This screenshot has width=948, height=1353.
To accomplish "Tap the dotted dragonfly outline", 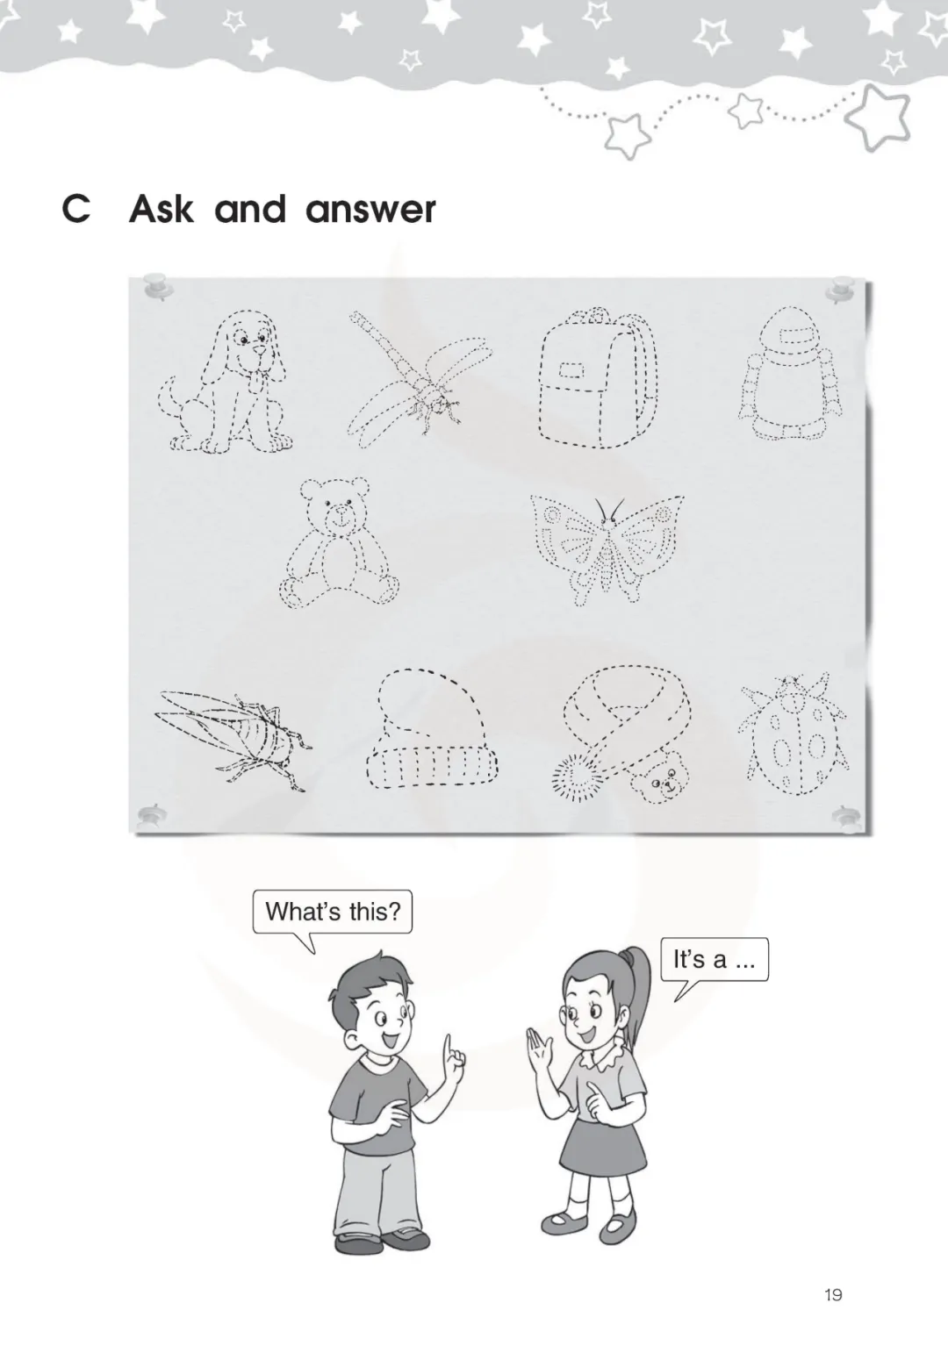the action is [x=417, y=381].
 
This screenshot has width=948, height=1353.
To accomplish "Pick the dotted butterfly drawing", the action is [x=607, y=549].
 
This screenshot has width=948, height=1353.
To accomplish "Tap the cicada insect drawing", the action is [x=233, y=740].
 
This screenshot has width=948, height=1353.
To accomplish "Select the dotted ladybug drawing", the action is [x=793, y=734].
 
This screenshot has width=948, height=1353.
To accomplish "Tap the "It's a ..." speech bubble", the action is [x=715, y=960].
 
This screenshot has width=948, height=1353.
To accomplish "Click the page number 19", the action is [x=833, y=1294].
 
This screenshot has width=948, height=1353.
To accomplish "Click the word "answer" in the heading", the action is [x=370, y=210].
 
